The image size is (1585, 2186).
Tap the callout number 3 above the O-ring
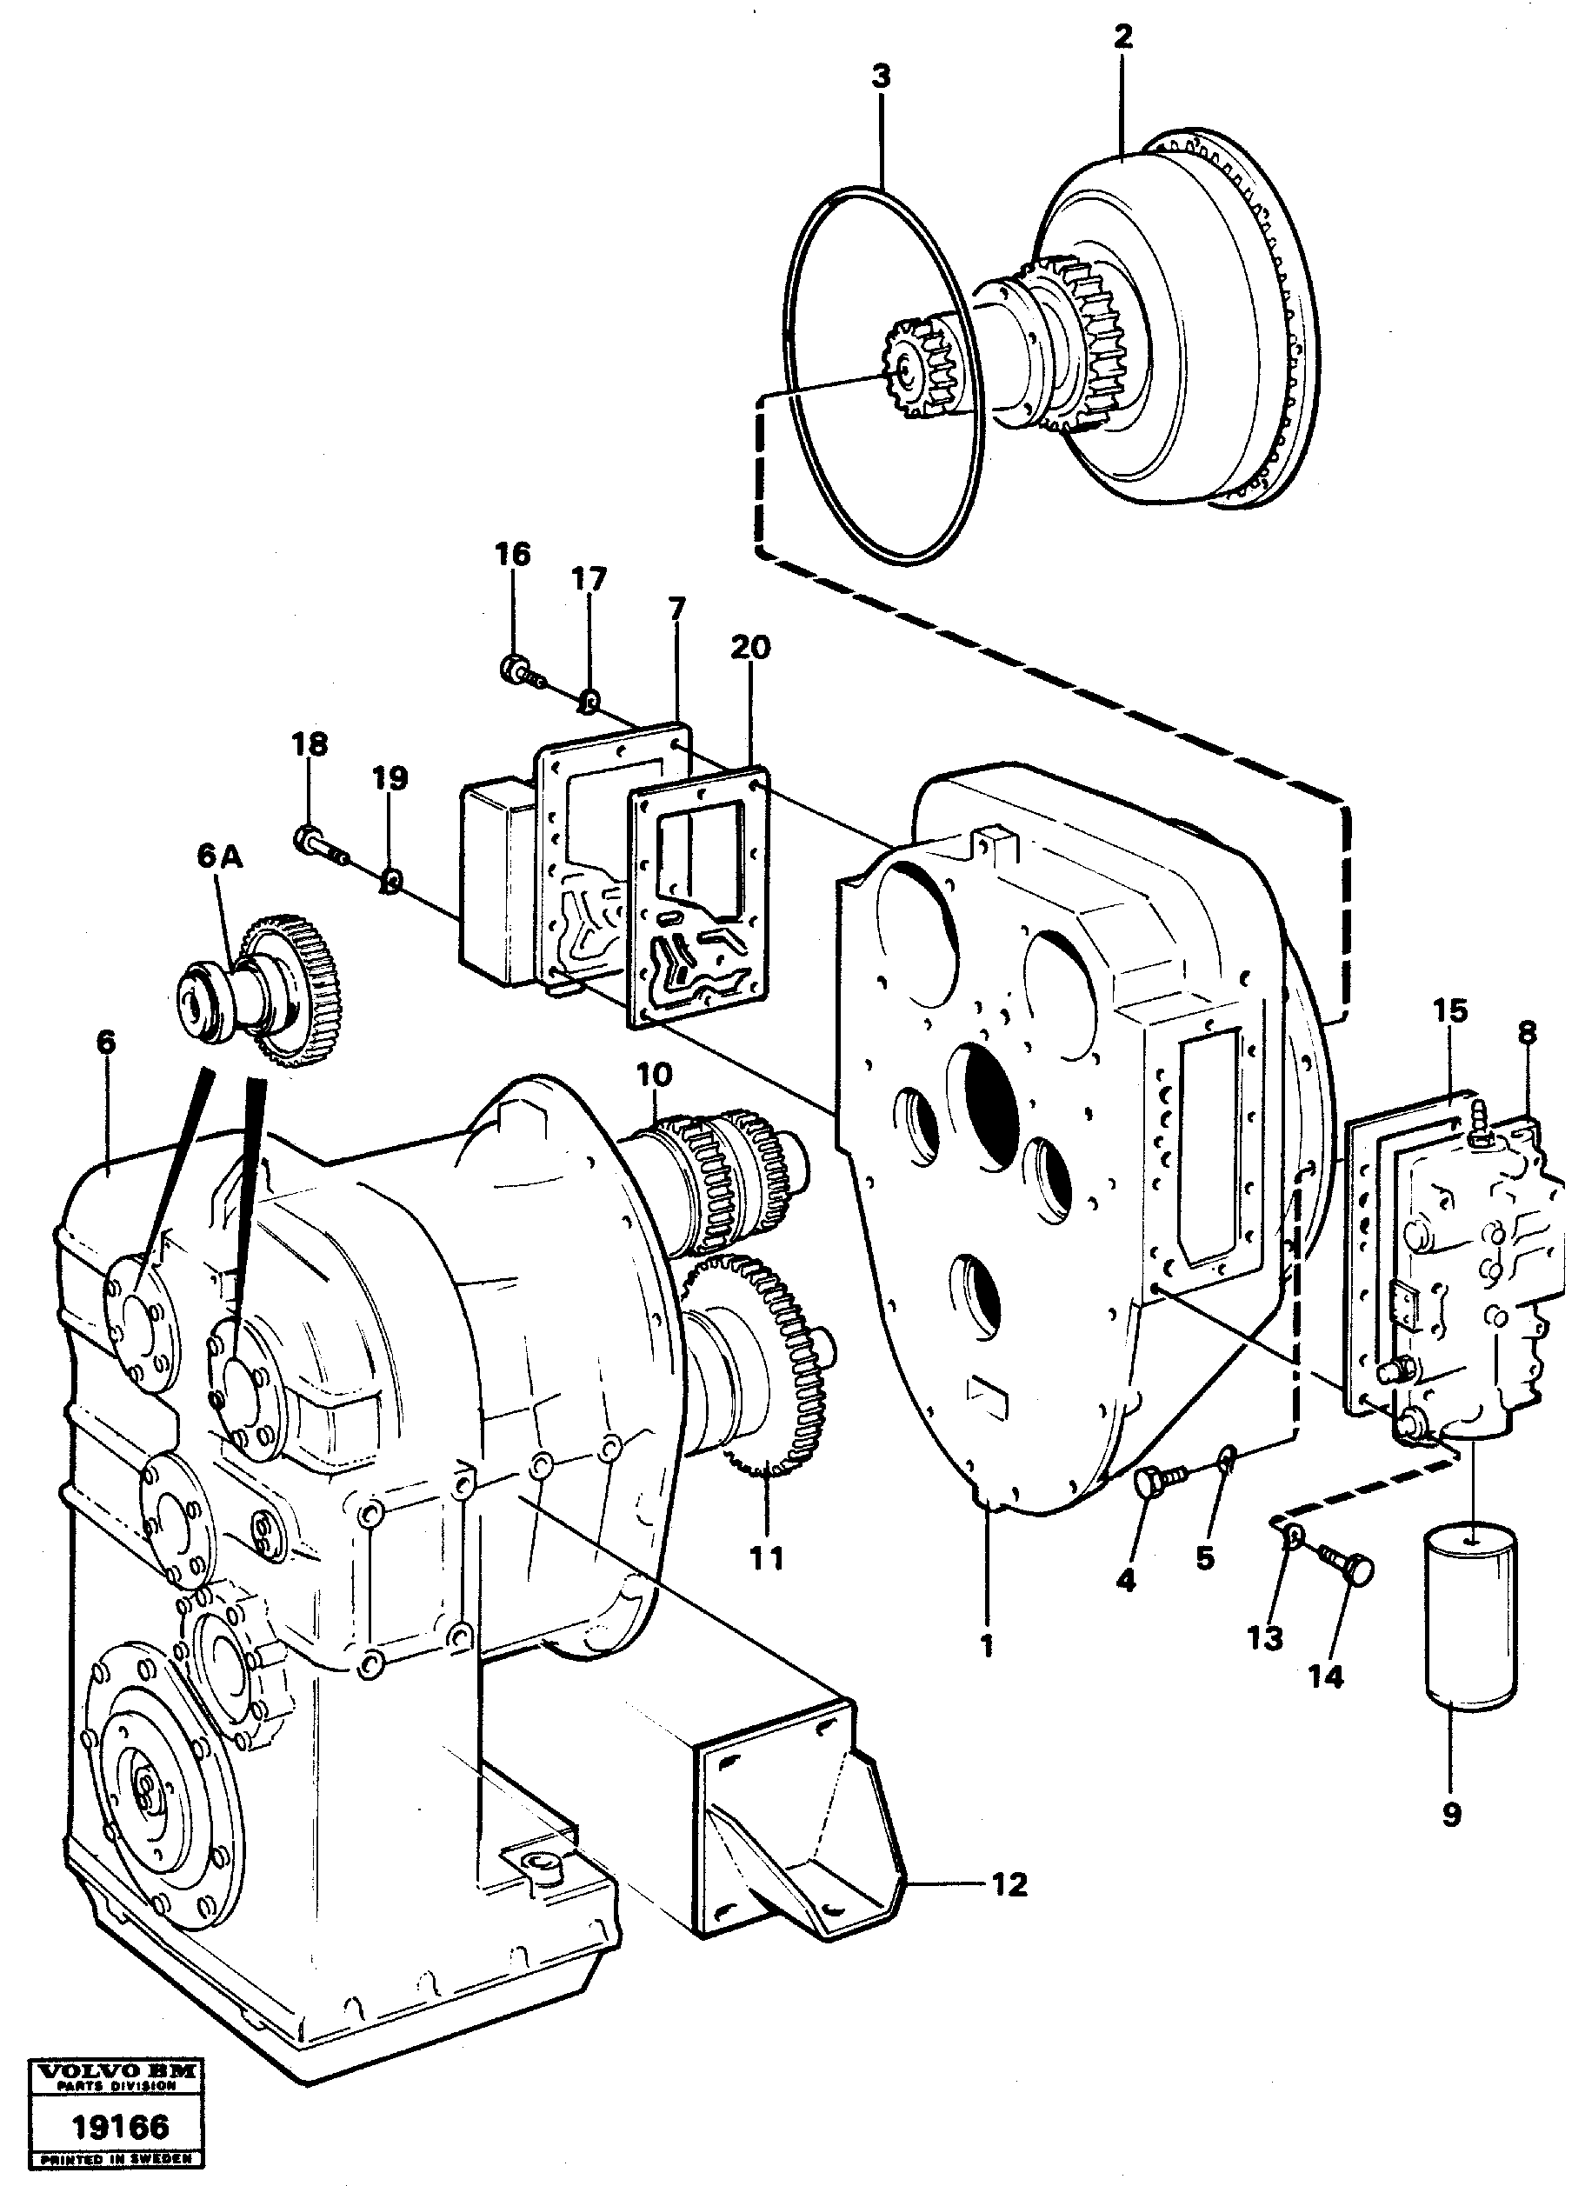881,77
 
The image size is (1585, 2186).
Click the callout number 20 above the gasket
750,647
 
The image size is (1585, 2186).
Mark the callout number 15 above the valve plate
1450,1012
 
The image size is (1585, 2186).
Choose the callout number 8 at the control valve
1528,1033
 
